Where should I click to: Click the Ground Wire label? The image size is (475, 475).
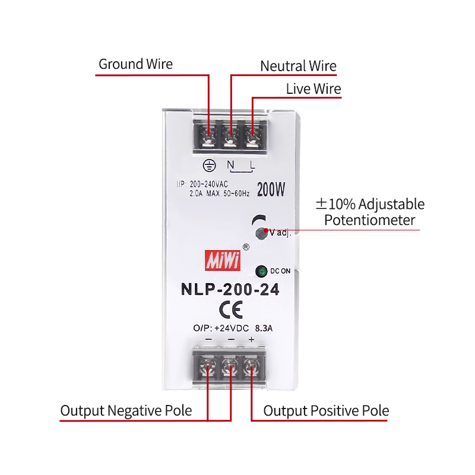click(x=135, y=64)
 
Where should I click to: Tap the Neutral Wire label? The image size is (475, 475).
click(x=298, y=66)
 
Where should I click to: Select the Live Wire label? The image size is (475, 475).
click(x=313, y=89)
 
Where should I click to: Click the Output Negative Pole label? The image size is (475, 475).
click(x=126, y=410)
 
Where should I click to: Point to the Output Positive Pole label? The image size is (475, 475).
click(x=326, y=410)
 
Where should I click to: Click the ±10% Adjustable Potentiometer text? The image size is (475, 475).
click(x=370, y=213)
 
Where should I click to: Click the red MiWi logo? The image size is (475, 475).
click(x=221, y=259)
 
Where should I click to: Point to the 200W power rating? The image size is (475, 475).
click(x=271, y=190)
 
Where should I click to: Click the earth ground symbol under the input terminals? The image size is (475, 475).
click(x=208, y=166)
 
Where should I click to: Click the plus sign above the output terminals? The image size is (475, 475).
click(x=251, y=339)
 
